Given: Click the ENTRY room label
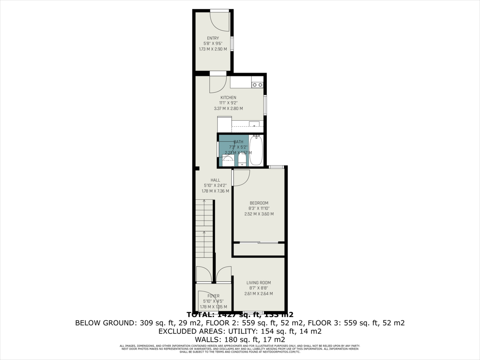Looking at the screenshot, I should (213, 38).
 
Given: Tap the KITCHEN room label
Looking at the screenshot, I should (228, 98).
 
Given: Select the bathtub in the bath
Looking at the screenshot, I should (256, 151).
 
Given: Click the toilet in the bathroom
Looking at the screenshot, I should (242, 160).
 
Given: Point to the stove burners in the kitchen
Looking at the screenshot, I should (257, 85).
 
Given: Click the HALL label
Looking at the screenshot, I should (215, 180).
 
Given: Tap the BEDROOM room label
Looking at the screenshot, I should (259, 203).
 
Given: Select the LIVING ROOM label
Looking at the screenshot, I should (258, 283).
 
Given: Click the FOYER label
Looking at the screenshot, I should (213, 296).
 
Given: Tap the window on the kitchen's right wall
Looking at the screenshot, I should (265, 105).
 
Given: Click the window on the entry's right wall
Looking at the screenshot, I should (232, 43).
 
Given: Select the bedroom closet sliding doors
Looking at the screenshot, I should (258, 243).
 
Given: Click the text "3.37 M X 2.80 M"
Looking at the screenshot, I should (228, 109).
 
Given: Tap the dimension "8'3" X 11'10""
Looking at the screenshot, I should (259, 208).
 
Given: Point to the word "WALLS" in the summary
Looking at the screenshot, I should (208, 340).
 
